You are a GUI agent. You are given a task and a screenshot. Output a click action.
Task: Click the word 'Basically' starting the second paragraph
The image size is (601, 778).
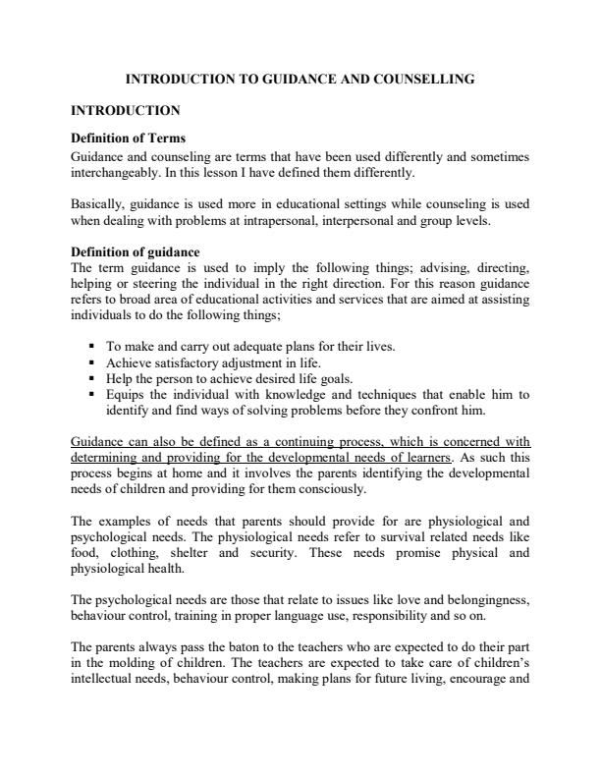pyautogui.click(x=99, y=204)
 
